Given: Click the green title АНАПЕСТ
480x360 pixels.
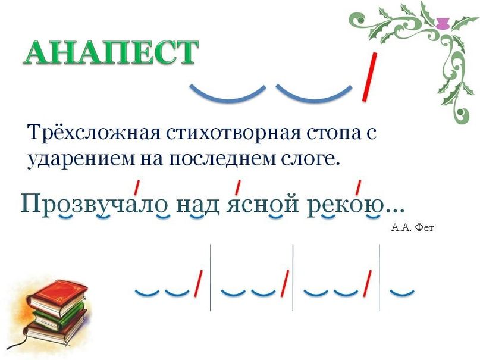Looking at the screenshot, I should tap(111, 53).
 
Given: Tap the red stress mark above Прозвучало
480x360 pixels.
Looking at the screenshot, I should tap(137, 187).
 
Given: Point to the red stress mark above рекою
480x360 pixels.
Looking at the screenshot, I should tap(359, 187).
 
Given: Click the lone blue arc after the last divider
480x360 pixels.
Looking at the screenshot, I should tap(401, 292).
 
